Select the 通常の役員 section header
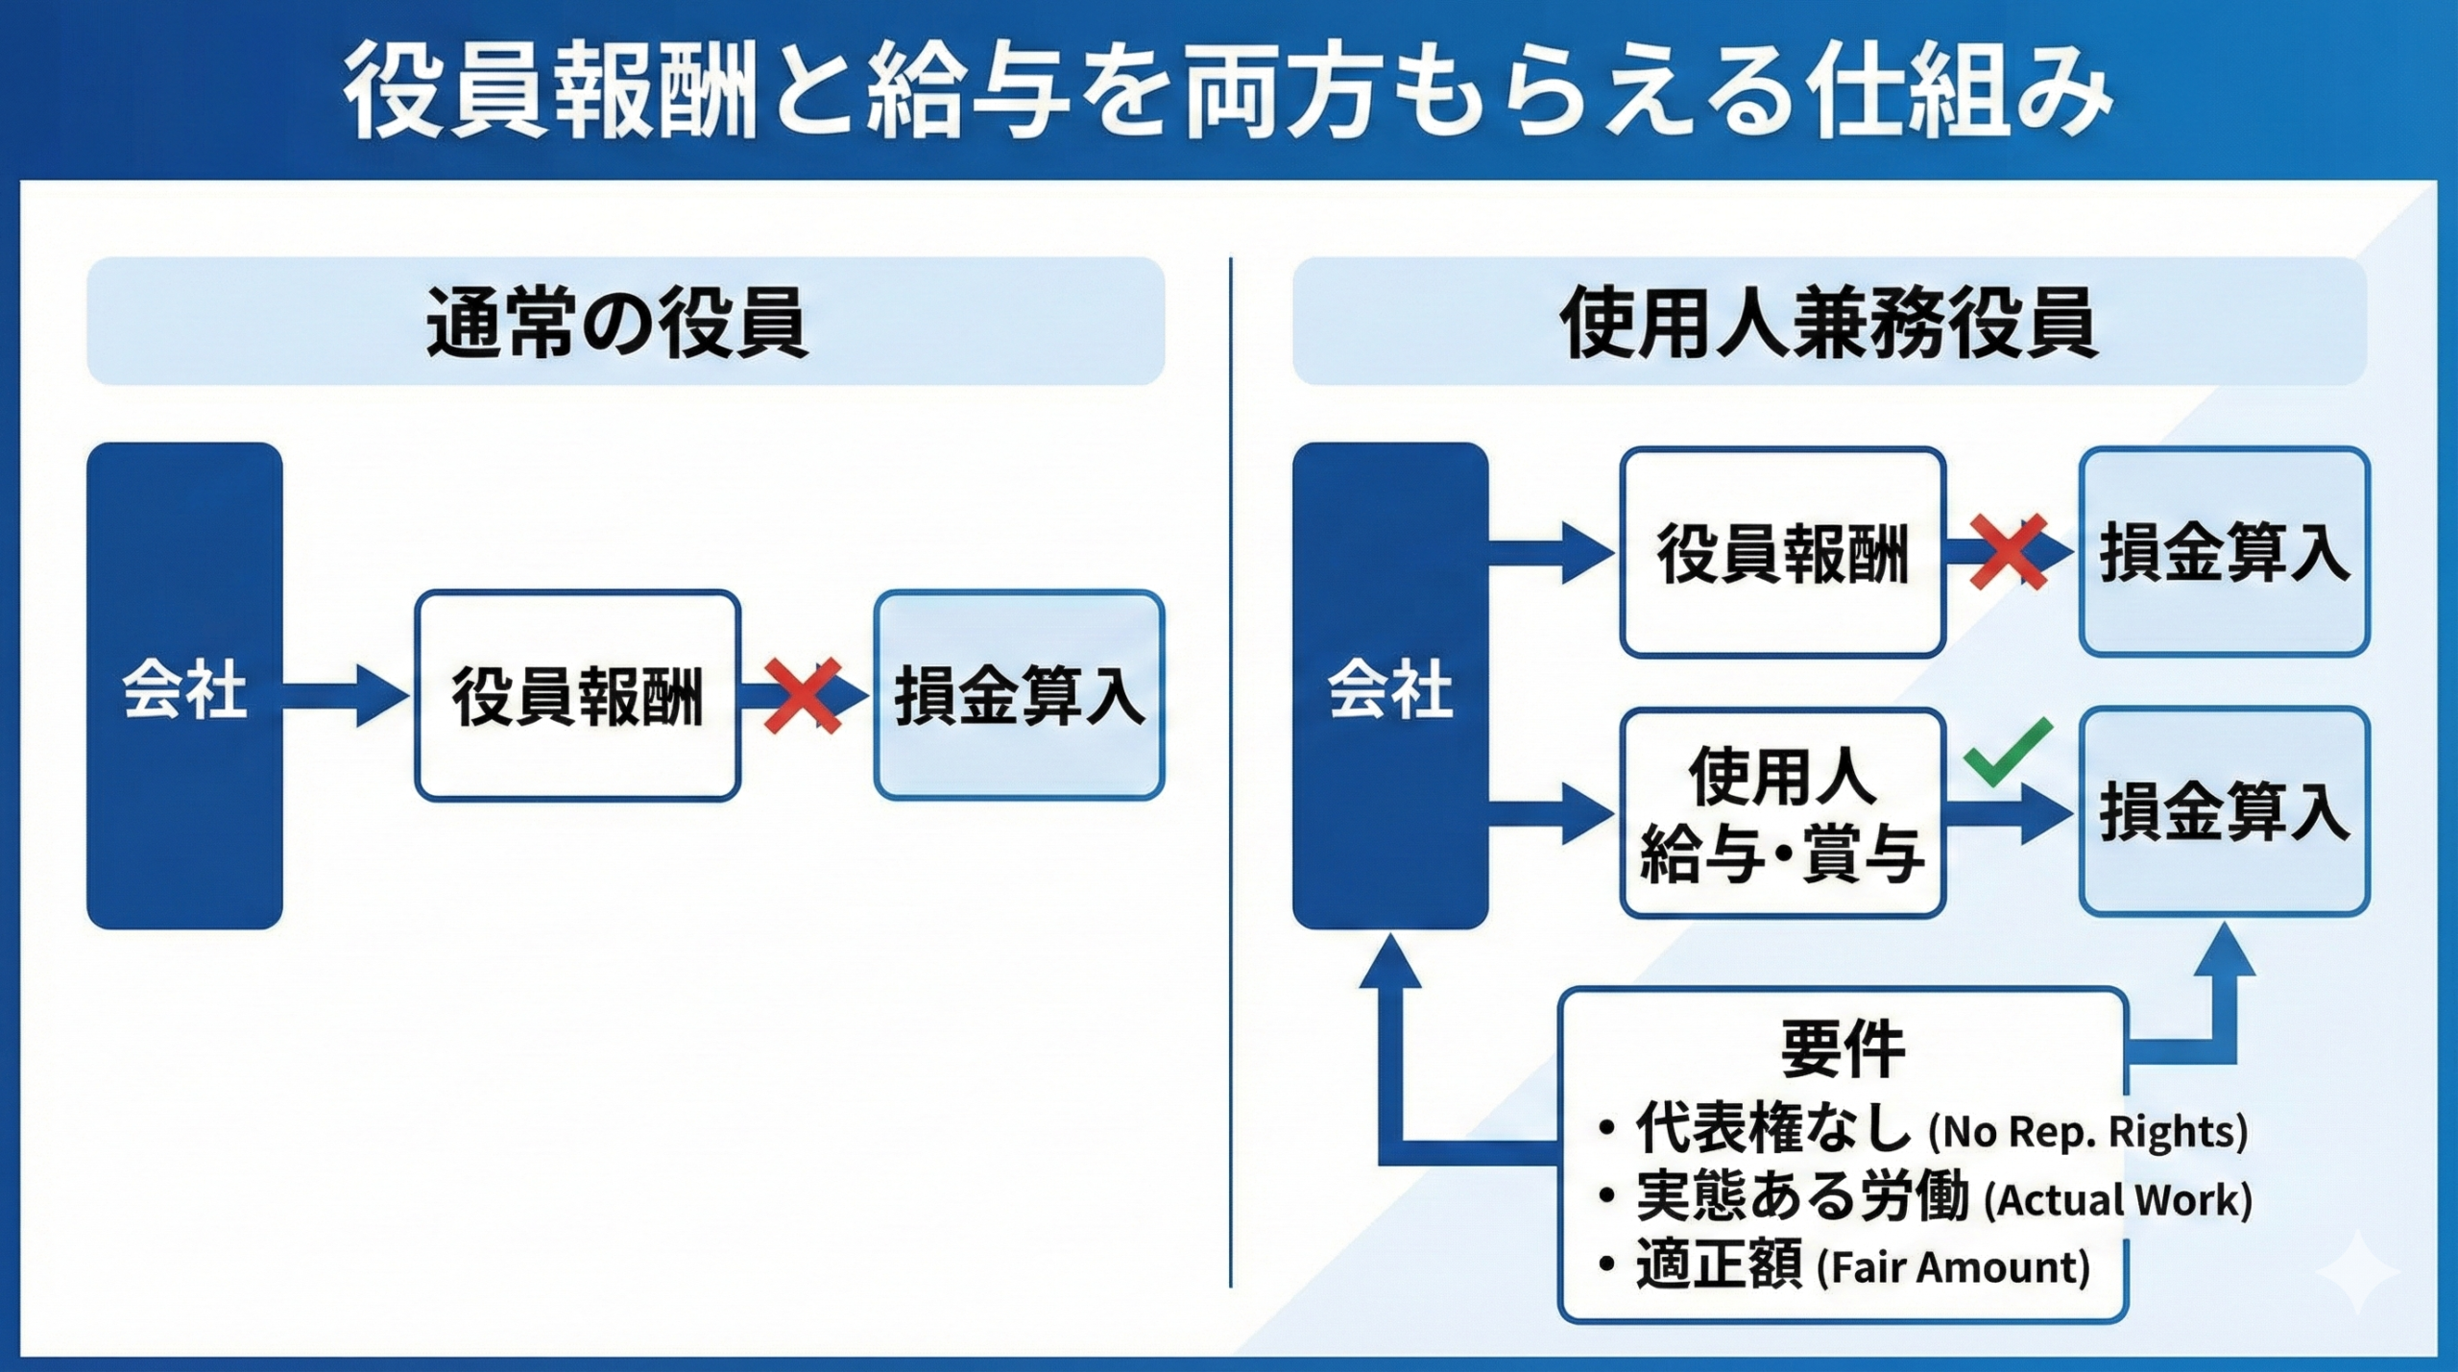[625, 321]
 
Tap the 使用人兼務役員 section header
[1828, 321]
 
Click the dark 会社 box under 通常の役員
[184, 686]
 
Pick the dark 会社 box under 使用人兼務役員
[1389, 686]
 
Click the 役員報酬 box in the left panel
[577, 695]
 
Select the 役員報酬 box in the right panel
[1782, 552]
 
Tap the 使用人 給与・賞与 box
[1782, 813]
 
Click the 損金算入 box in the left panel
[1019, 695]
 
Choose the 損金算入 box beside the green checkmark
[2224, 811]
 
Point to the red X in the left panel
[803, 695]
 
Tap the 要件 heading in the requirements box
[1842, 1047]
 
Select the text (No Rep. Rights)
[2087, 1132]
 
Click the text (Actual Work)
[2117, 1200]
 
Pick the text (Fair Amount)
[1953, 1267]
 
